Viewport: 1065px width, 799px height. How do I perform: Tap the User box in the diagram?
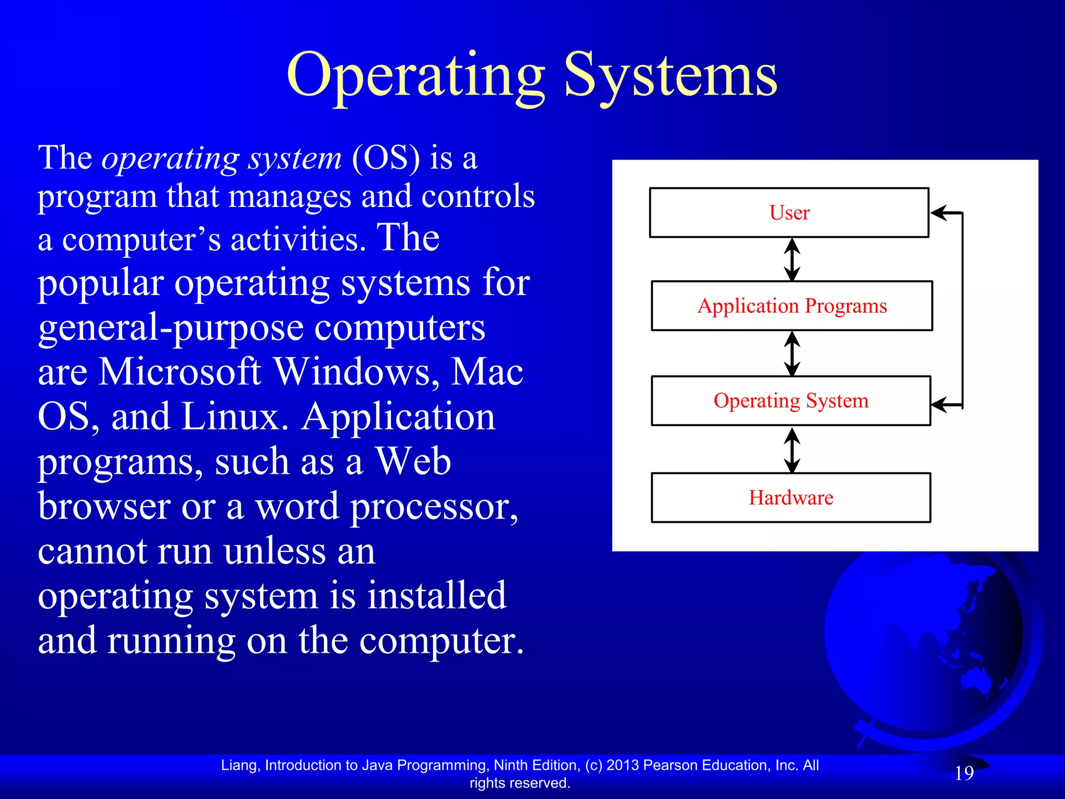[x=789, y=213]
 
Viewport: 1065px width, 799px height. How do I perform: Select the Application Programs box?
[x=791, y=306]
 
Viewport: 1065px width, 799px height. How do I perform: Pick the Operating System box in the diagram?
[x=791, y=401]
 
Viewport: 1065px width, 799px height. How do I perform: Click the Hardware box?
[x=791, y=498]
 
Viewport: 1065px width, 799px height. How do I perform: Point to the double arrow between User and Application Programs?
[x=791, y=260]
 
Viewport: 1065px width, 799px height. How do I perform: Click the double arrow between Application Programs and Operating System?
[x=791, y=354]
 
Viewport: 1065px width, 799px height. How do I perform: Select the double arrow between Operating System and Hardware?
[x=791, y=450]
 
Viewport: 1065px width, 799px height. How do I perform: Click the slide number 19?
[x=964, y=773]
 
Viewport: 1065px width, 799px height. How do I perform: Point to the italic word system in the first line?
[x=294, y=159]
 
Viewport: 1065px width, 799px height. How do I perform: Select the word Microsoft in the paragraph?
[x=179, y=372]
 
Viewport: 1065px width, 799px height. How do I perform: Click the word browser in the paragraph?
[x=104, y=507]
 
